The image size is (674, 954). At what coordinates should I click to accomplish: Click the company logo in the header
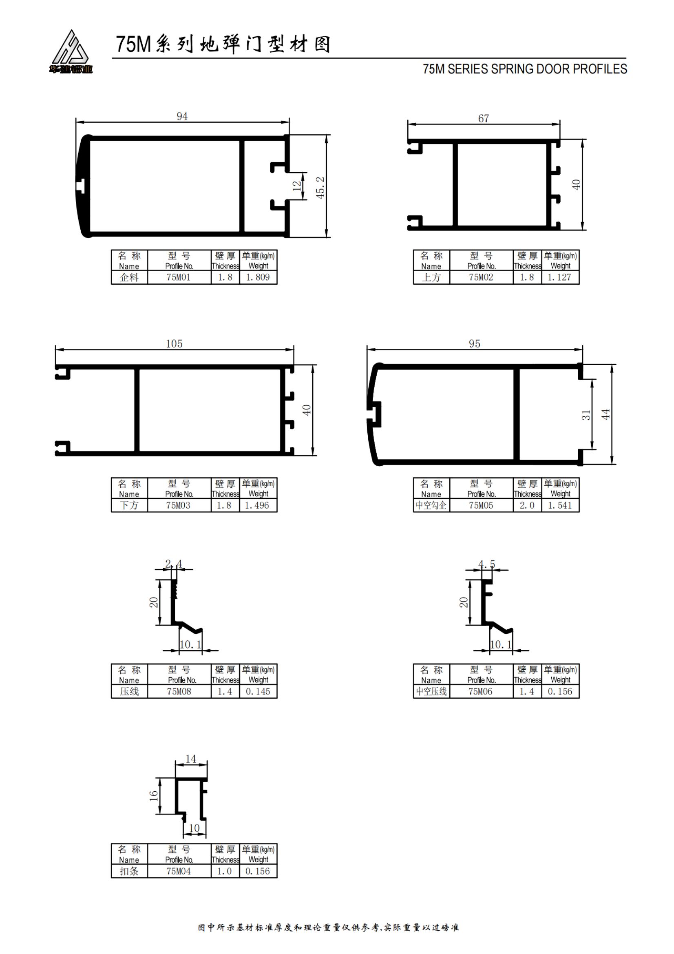click(x=71, y=52)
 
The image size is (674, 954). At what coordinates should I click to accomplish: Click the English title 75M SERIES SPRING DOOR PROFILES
click(x=525, y=69)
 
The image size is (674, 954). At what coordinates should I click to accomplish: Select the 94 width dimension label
click(x=182, y=116)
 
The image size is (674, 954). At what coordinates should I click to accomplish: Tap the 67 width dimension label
click(x=484, y=118)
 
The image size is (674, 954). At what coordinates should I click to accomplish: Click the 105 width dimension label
click(x=174, y=343)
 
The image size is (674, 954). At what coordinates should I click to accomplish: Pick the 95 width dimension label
click(x=474, y=343)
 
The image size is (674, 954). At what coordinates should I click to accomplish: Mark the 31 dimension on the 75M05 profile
click(x=586, y=415)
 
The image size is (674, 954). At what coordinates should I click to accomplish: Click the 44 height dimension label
click(x=606, y=414)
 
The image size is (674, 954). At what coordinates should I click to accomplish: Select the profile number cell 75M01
click(x=179, y=277)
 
